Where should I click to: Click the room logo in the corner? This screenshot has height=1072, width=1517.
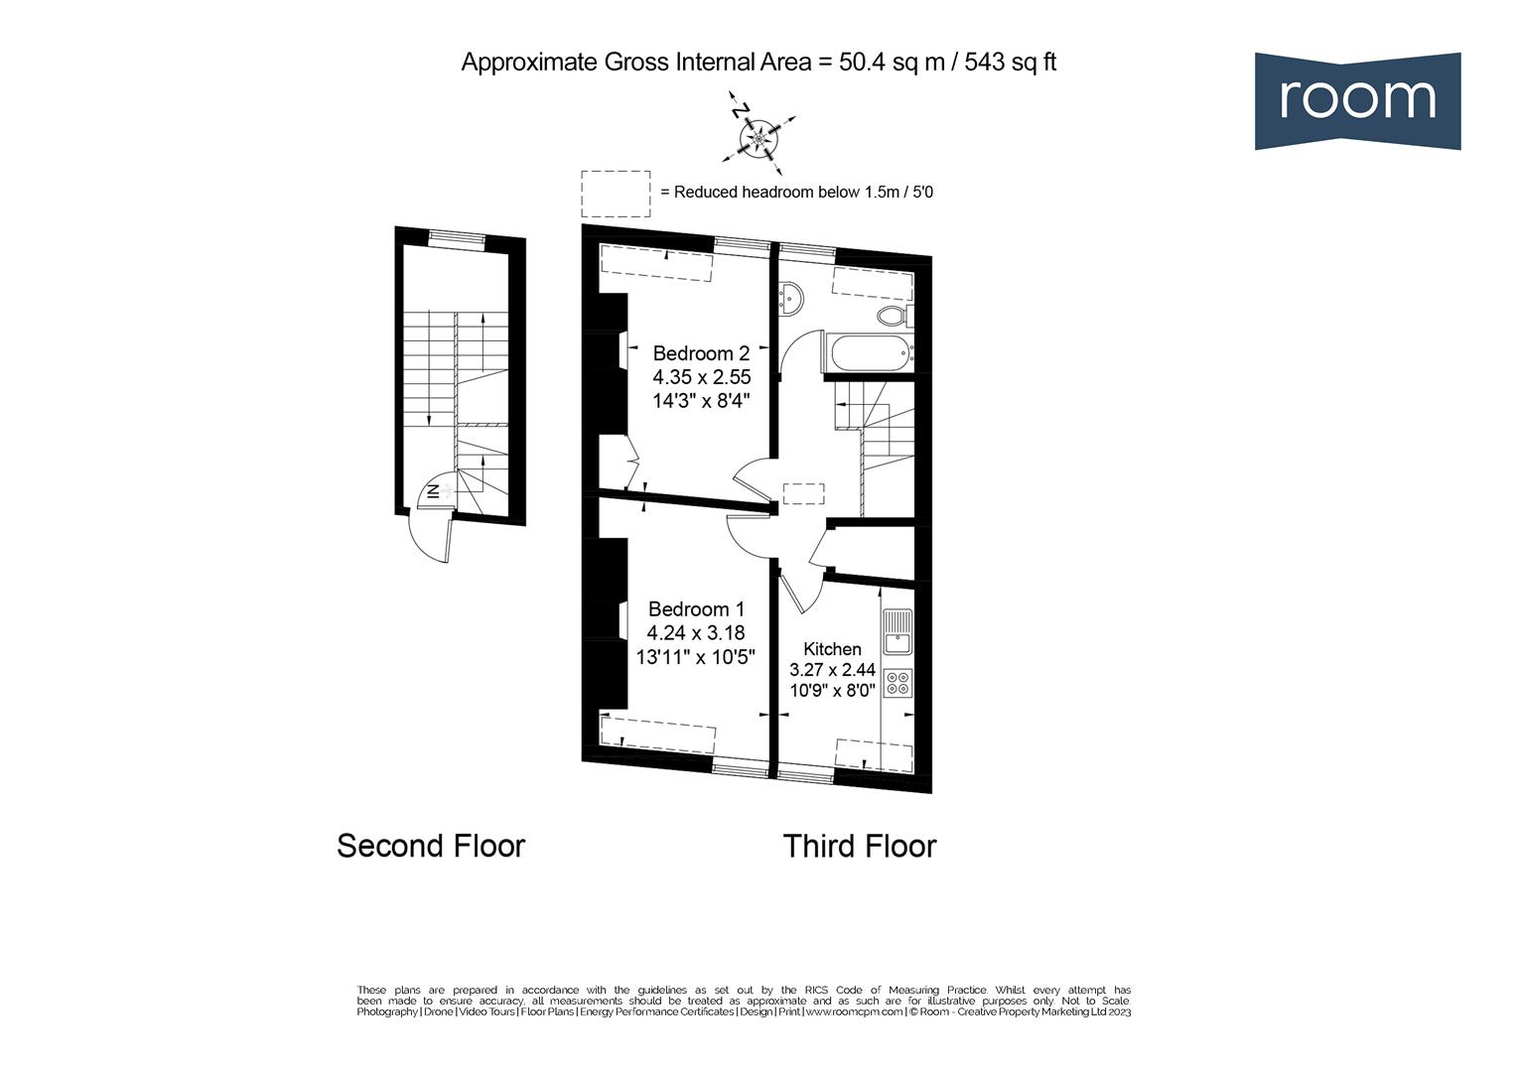click(1356, 100)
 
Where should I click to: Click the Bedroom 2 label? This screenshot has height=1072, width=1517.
click(701, 353)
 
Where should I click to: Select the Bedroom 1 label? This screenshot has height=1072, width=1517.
click(696, 609)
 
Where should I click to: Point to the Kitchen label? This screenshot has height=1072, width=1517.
click(832, 648)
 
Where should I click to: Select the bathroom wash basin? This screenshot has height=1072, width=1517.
click(792, 297)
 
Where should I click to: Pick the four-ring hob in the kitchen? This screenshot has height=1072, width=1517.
click(897, 683)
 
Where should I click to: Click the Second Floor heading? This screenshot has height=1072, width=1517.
click(430, 846)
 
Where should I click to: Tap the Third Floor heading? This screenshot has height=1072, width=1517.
click(859, 846)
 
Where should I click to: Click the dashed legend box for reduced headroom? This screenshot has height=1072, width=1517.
click(616, 193)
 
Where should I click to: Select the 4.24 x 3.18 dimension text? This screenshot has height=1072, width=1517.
click(696, 632)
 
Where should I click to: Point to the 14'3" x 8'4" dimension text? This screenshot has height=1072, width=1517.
click(701, 401)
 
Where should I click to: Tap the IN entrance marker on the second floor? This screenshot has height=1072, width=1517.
click(434, 490)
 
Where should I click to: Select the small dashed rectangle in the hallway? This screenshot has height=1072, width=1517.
click(803, 493)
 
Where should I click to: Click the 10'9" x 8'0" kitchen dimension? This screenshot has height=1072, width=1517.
click(832, 690)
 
